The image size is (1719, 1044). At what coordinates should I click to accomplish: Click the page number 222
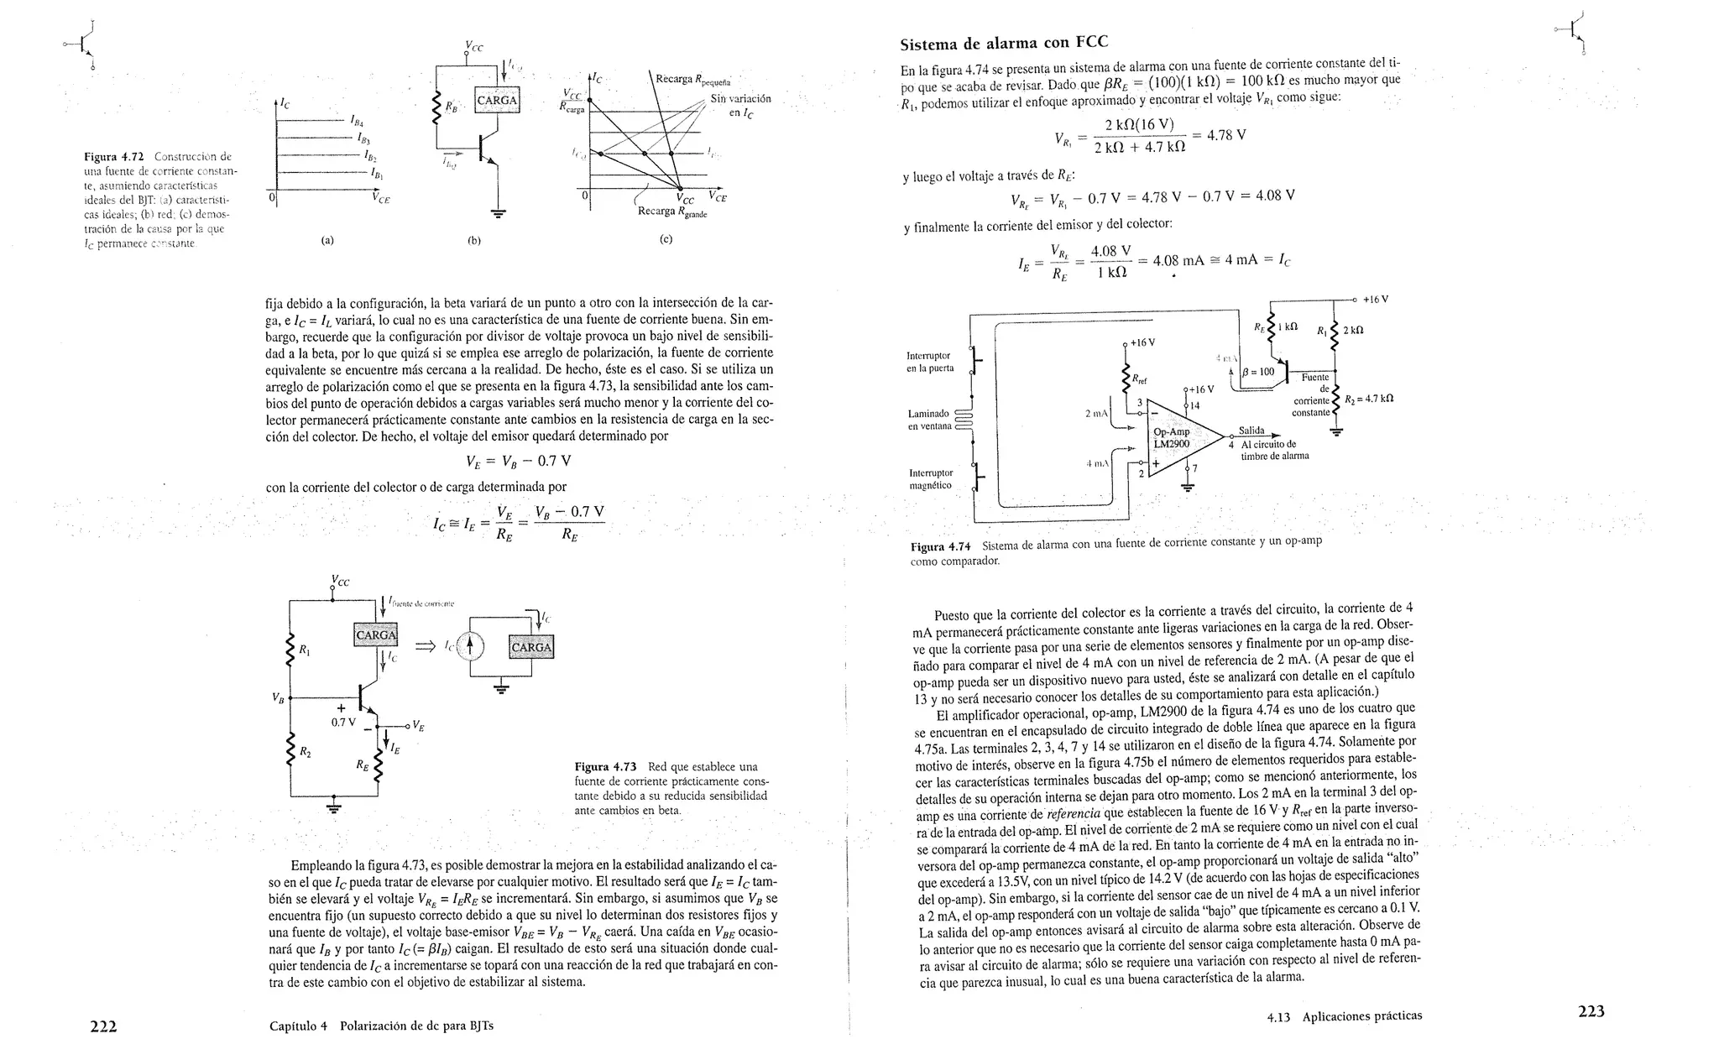103,1026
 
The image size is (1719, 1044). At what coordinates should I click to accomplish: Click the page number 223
1591,1011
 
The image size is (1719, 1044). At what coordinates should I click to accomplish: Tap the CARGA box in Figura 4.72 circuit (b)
498,101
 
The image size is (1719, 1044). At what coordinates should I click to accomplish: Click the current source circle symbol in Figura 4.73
471,645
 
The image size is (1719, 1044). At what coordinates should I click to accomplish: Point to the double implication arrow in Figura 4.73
426,645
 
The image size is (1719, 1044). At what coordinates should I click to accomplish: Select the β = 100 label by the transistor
1257,372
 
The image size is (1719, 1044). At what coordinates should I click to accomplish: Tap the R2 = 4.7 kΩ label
1368,399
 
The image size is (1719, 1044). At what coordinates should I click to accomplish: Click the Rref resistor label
1139,379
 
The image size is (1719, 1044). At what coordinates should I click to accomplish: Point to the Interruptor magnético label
930,479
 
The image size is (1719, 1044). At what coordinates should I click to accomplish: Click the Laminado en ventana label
930,420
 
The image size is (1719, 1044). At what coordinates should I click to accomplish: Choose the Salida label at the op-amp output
1251,431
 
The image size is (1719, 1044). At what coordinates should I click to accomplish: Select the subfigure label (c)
666,239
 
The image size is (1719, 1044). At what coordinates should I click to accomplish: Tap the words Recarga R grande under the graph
671,211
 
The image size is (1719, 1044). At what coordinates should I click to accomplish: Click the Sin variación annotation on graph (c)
740,105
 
